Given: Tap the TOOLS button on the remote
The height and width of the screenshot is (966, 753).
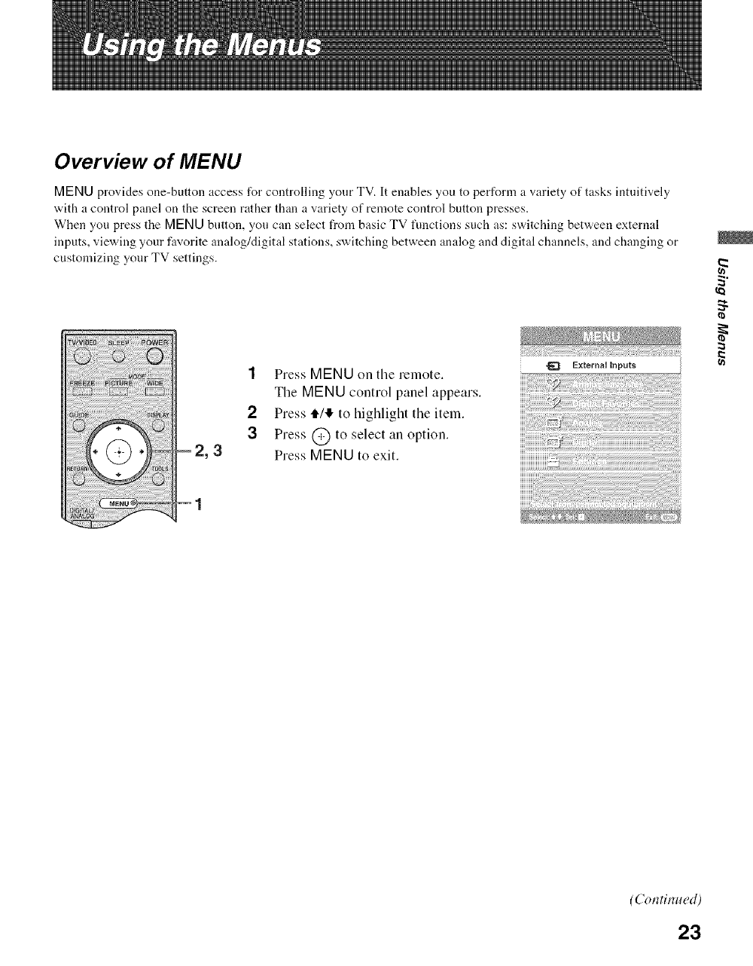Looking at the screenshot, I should tap(158, 480).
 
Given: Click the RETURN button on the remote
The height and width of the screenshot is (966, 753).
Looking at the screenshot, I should tap(76, 480).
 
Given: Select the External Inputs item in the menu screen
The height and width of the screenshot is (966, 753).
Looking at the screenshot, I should tap(601, 365).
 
